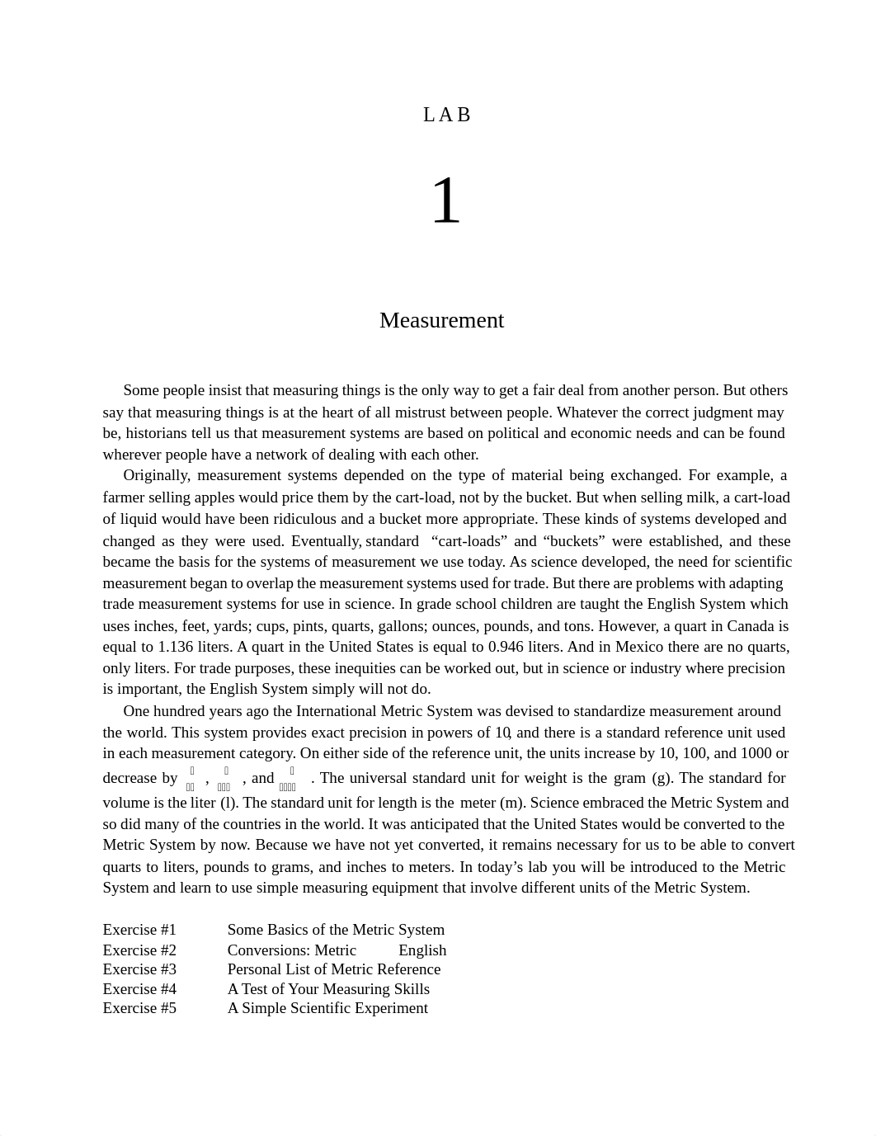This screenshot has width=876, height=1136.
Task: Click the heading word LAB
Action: [446, 115]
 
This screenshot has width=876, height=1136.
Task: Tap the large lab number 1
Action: [445, 200]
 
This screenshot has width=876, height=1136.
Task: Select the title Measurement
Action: [441, 320]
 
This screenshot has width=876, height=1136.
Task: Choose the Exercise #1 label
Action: [139, 930]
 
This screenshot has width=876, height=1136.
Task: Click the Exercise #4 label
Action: [139, 988]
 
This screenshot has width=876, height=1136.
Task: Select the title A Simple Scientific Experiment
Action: [327, 1008]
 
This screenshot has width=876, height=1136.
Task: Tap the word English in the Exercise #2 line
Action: [422, 950]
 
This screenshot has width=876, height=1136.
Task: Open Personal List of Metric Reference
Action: [334, 969]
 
